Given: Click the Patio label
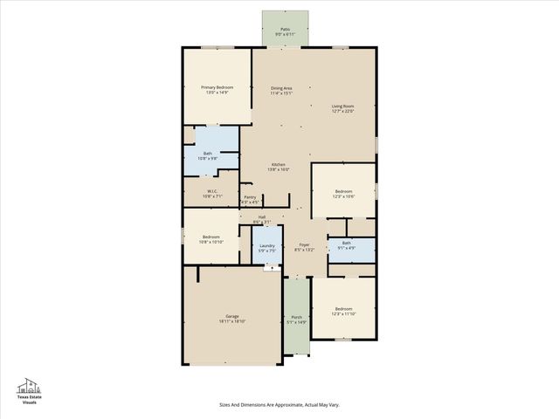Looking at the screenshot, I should (285, 29).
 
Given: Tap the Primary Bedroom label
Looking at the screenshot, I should (217, 87).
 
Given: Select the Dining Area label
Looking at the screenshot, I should (281, 87).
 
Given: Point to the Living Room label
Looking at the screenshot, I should (342, 106).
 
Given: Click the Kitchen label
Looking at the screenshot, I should (278, 166).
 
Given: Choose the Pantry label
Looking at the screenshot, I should (250, 197).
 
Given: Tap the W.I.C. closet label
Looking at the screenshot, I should (212, 191).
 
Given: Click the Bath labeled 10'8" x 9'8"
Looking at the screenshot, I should (208, 154).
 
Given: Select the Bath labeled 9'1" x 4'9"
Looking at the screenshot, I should (347, 244).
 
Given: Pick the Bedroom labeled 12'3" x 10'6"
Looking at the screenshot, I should (344, 191).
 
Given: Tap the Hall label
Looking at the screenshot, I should (261, 216).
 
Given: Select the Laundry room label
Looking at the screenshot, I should (268, 245).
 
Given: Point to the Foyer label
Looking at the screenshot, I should (304, 245).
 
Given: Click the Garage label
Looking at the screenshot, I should (231, 316).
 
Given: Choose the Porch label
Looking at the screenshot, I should (296, 317).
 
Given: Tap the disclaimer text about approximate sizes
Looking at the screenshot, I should (279, 404).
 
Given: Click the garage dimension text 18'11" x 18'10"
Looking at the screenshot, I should (231, 321).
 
